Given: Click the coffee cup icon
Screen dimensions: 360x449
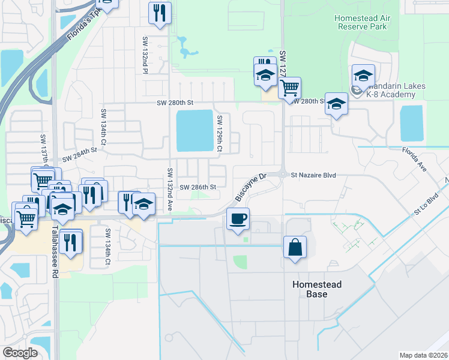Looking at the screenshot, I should [x=238, y=218].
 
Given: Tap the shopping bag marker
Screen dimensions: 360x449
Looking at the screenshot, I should [x=295, y=247].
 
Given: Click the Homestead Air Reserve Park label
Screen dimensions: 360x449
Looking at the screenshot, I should [x=364, y=23].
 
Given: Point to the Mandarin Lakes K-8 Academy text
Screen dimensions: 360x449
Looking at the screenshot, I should [x=393, y=91].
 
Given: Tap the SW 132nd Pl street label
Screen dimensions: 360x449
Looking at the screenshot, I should [x=145, y=55].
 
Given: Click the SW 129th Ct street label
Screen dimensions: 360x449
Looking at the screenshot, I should [x=220, y=133].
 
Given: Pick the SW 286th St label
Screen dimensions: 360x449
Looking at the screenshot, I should [x=197, y=187].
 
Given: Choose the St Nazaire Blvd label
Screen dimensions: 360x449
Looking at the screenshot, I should [x=312, y=175].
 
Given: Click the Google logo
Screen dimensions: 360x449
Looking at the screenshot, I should [x=20, y=352].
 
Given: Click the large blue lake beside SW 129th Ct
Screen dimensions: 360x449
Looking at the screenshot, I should [x=194, y=131].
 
